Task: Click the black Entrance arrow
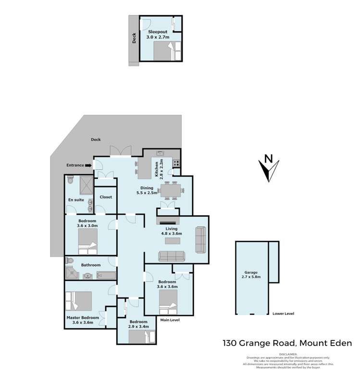pos(88,165)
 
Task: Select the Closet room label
pos(106,197)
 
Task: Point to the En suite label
pos(75,200)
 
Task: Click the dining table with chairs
pos(171,191)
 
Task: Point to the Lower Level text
pos(283,314)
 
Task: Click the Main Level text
pos(170,319)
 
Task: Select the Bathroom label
pos(90,265)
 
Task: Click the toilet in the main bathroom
pos(70,261)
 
